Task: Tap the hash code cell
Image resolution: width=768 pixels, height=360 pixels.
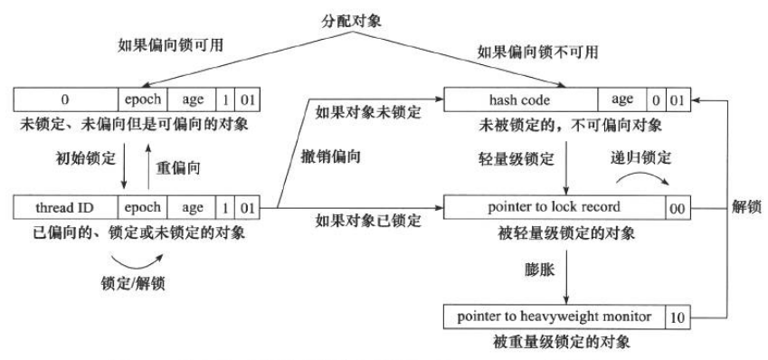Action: coord(527,94)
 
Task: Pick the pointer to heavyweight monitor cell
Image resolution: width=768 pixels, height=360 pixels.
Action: coord(554,317)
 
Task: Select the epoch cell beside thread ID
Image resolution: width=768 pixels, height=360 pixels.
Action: coord(143,207)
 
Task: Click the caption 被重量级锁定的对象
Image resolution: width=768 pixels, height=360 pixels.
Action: coord(555,345)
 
